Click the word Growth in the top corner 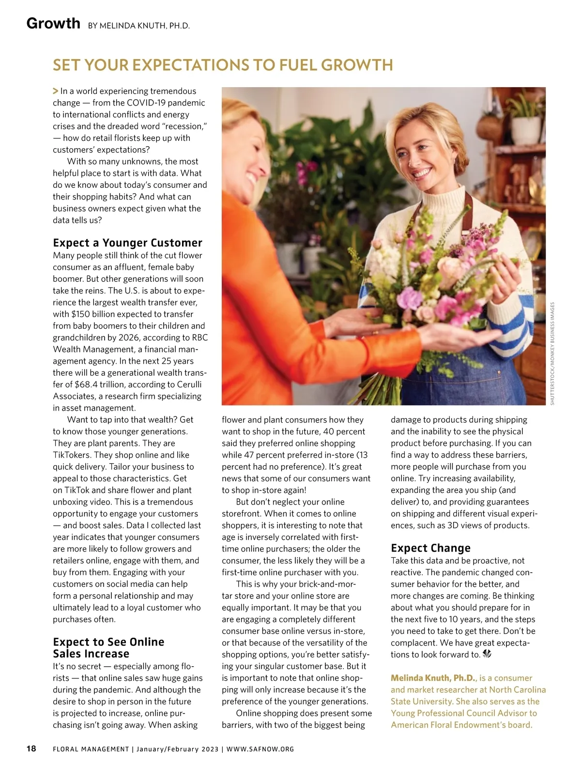click(53, 23)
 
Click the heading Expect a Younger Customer click(127, 243)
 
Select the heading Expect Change click(430, 548)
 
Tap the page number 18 click(31, 749)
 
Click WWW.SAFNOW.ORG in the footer click(260, 750)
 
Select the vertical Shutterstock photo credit click(552, 353)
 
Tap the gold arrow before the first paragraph click(56, 91)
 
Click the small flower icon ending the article click(487, 655)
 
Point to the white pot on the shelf click(526, 129)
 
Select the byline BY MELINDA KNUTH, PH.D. click(139, 26)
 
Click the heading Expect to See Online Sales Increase click(108, 648)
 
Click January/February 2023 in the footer click(177, 750)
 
